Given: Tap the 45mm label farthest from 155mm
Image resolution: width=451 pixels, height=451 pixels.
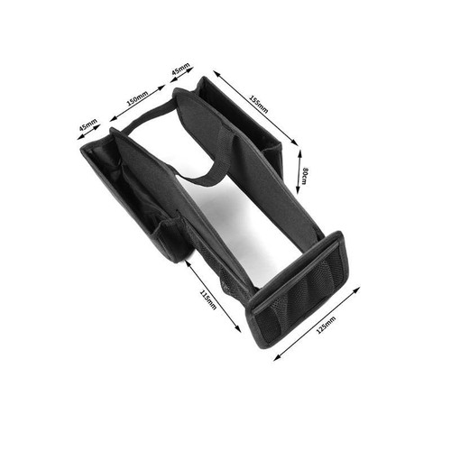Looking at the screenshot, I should point(87,125).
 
